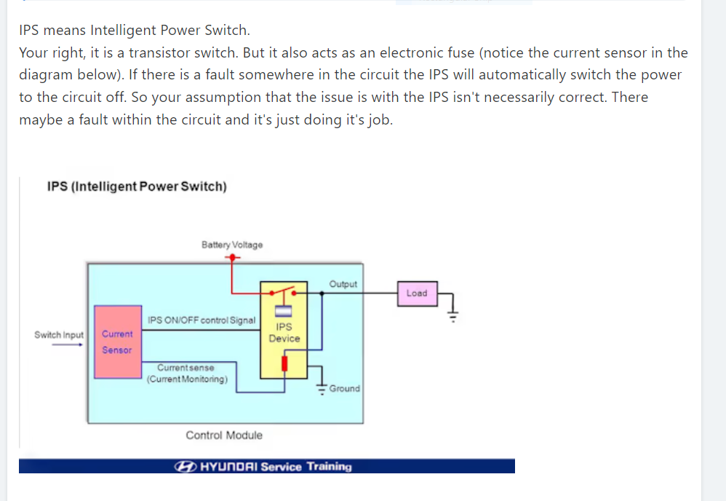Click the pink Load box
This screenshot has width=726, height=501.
[x=417, y=293]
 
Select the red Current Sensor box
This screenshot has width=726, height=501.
[x=117, y=342]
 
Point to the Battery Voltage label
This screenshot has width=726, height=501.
[x=232, y=245]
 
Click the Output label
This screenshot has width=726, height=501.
[x=343, y=284]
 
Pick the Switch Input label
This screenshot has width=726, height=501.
[x=59, y=335]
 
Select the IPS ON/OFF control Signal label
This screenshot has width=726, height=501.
[x=202, y=320]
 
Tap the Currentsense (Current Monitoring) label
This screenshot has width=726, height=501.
[x=186, y=374]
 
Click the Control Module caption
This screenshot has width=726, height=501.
[x=224, y=435]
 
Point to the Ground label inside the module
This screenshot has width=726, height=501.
[x=344, y=389]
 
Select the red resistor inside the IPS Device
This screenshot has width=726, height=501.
[x=284, y=363]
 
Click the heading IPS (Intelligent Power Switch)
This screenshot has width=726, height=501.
[x=137, y=186]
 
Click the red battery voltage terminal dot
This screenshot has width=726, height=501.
[x=231, y=257]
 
